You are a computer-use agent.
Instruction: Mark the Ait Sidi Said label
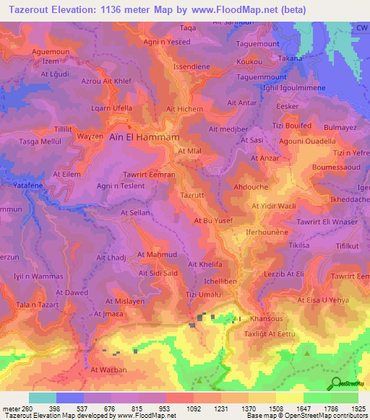(137, 274)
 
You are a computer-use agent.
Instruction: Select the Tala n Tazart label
(36, 306)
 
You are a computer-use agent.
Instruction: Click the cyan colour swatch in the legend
(43, 398)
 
